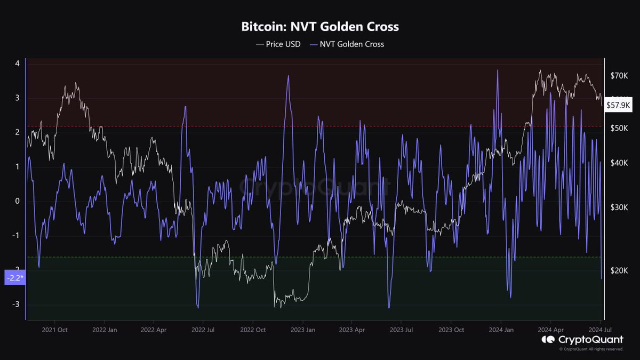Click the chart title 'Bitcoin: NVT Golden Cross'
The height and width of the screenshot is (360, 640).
click(x=320, y=26)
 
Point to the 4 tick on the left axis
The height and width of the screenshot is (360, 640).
click(x=17, y=63)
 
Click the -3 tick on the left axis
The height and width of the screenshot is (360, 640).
click(x=16, y=305)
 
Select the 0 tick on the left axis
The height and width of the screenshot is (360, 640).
click(x=17, y=201)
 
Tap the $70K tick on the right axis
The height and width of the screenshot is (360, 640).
click(x=619, y=76)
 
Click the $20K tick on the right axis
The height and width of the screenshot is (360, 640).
click(x=619, y=271)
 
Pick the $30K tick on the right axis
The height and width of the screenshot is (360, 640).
click(x=619, y=207)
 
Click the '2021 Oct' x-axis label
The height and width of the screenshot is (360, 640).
click(x=55, y=330)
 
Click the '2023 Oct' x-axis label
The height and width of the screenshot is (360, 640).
click(x=451, y=330)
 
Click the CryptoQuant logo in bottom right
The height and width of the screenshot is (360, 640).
click(x=582, y=340)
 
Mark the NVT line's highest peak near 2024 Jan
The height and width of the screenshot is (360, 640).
click(x=497, y=70)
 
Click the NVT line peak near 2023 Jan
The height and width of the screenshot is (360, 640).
click(x=288, y=76)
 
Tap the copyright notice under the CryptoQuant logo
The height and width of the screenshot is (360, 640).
click(x=591, y=349)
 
